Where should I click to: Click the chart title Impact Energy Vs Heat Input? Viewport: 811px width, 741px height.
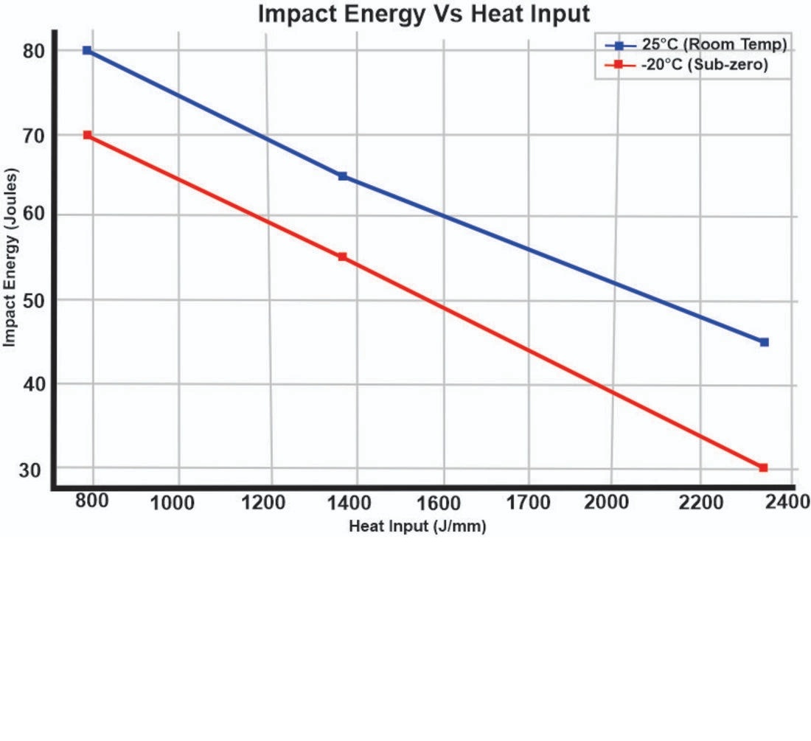click(x=424, y=13)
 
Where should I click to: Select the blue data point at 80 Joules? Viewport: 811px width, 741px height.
click(x=87, y=50)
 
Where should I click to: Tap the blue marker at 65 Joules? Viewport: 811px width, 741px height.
click(x=343, y=176)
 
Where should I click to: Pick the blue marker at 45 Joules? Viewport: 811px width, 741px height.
click(x=764, y=342)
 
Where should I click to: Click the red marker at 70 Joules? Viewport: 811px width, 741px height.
click(x=87, y=135)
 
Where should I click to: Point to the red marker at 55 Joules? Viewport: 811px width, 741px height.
click(x=342, y=257)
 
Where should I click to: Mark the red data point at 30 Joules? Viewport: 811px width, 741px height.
click(x=763, y=467)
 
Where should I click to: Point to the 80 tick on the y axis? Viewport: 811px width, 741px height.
click(x=32, y=51)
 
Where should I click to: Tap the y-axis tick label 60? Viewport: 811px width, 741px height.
click(x=32, y=216)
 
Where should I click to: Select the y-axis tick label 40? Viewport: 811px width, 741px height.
click(x=32, y=384)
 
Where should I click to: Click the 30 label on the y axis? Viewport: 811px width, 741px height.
click(x=32, y=470)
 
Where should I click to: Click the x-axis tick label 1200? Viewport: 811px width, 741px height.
click(x=262, y=504)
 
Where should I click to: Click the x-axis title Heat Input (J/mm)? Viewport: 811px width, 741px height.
click(x=417, y=526)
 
